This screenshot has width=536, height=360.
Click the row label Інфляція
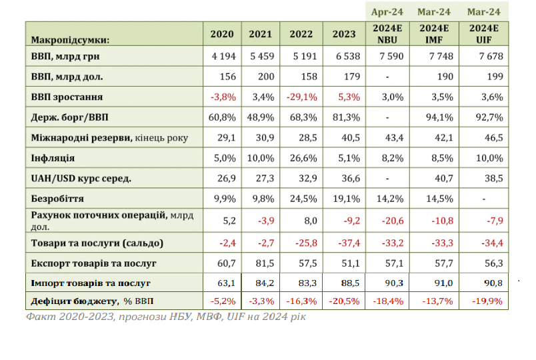tap(53, 159)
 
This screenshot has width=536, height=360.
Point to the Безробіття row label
tap(58, 199)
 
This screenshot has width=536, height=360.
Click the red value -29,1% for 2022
tap(301, 97)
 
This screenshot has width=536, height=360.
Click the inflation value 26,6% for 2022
tap(301, 159)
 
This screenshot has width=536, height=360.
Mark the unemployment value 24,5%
tap(301, 199)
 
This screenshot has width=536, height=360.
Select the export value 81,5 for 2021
tap(261, 263)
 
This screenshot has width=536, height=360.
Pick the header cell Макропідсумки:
tap(71, 39)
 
